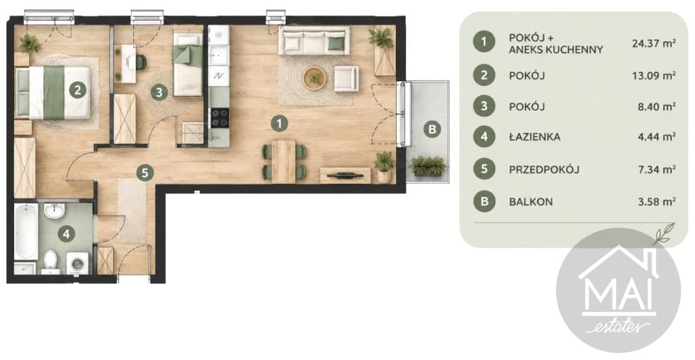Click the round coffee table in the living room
[314, 78]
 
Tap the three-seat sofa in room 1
[313, 41]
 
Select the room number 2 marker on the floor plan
[77, 91]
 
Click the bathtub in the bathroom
[26, 232]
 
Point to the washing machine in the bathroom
[77, 264]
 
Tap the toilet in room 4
[51, 261]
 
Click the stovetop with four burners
[219, 118]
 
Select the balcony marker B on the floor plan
[433, 130]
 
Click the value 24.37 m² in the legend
[654, 43]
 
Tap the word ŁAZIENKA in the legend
[534, 137]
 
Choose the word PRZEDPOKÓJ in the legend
[544, 169]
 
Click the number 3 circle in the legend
[484, 106]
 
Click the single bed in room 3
[188, 64]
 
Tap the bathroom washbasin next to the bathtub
[54, 211]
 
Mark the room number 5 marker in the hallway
[145, 172]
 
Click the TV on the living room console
[345, 175]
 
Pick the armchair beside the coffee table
[347, 78]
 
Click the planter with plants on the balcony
[428, 166]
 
